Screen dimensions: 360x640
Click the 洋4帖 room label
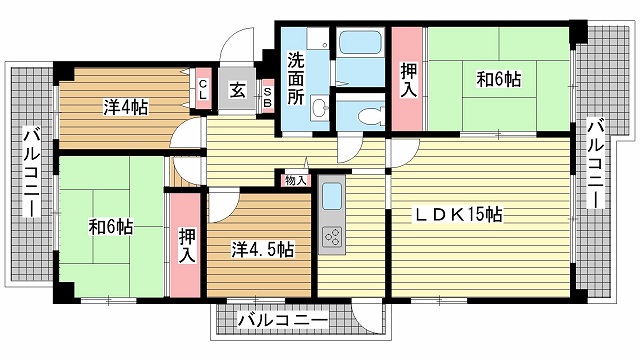coord(125,107)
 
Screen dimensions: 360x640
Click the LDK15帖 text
coord(459,214)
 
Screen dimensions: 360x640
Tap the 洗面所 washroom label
coord(297,77)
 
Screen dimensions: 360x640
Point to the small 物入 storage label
coord(296,180)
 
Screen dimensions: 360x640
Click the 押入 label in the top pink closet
coord(408,80)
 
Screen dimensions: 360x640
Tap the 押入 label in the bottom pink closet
coord(186,244)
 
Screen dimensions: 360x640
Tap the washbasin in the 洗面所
coord(318,108)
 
